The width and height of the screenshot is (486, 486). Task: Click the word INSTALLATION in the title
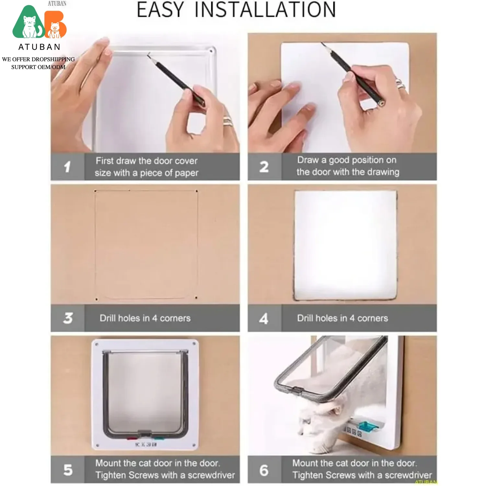[265, 10]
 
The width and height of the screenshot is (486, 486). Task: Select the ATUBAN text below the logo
[39, 47]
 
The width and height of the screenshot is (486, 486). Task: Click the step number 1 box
[67, 167]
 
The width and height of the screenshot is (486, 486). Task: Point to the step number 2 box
[264, 167]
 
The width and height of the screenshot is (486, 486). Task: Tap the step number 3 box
[67, 318]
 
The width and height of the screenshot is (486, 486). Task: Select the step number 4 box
[264, 318]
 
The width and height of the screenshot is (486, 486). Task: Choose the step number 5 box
[67, 470]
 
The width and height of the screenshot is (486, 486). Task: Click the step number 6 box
[264, 470]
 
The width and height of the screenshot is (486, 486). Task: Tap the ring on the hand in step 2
[401, 85]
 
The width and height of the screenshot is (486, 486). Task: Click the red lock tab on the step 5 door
[131, 439]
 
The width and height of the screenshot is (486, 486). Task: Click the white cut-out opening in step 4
[345, 245]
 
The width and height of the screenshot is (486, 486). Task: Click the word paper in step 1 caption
[186, 173]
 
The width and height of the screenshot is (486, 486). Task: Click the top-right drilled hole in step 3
[197, 191]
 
